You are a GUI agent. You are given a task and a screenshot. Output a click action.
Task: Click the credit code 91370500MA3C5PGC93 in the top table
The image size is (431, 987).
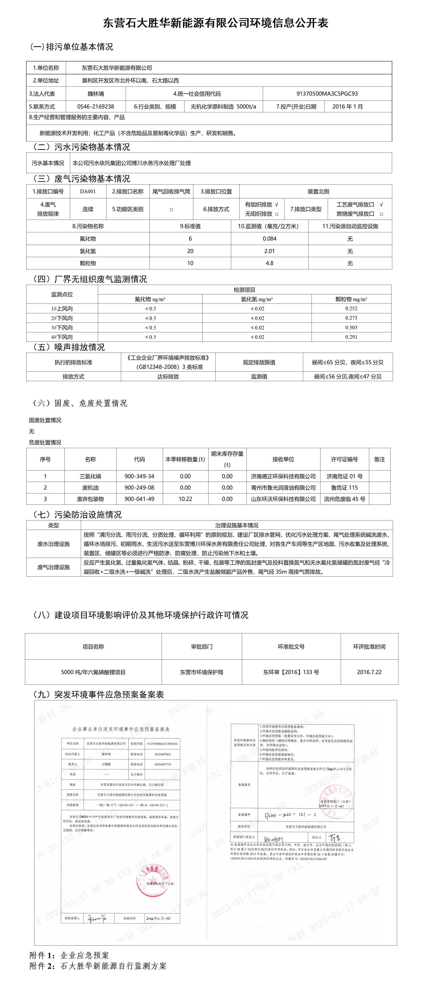327,93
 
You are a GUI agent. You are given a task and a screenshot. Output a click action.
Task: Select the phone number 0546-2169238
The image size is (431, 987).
96,107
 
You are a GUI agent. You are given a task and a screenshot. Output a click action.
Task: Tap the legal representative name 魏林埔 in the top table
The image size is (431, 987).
96,93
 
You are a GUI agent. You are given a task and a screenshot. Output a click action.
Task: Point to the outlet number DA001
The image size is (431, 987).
88,191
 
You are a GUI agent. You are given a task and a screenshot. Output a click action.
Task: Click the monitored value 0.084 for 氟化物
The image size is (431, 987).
269,239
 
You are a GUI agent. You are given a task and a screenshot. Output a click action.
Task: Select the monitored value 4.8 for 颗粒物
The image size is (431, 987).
269,263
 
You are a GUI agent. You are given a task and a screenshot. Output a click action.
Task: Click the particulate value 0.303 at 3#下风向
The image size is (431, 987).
351,328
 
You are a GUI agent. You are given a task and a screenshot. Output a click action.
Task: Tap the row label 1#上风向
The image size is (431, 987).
62,309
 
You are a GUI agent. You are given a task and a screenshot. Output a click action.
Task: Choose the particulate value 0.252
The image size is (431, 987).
351,309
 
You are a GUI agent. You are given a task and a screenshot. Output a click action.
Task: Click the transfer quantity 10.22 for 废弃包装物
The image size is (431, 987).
185,499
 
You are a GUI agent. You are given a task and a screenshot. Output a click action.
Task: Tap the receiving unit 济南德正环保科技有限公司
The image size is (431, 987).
283,476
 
